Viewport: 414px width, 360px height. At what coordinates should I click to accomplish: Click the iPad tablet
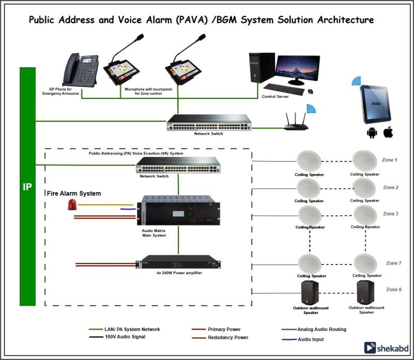(375, 104)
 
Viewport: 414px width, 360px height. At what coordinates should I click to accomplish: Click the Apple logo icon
(388, 133)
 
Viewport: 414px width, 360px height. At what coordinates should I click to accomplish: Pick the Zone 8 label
(393, 290)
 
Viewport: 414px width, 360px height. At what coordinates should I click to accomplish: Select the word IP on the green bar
(27, 187)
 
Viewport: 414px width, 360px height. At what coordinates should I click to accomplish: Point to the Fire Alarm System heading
(74, 193)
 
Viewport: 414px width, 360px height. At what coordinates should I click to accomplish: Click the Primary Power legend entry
(224, 329)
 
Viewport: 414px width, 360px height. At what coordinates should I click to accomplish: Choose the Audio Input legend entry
(311, 339)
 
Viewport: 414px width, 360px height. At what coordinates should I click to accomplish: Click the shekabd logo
(382, 348)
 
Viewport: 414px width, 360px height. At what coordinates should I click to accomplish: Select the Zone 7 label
(394, 263)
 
